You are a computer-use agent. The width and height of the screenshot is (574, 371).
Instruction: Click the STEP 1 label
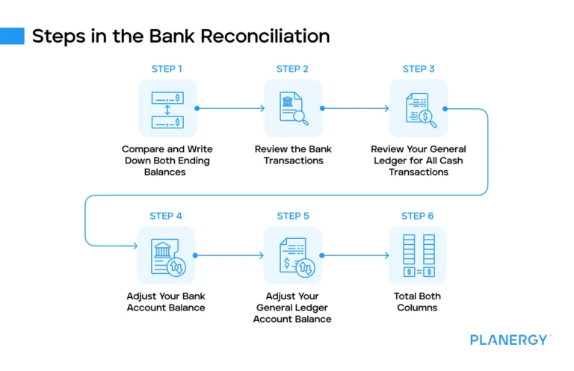click(167, 69)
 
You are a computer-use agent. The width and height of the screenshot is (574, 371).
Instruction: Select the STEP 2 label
click(292, 69)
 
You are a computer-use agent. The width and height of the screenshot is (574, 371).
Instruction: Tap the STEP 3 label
click(418, 69)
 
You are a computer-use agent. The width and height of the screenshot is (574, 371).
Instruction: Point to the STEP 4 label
click(166, 216)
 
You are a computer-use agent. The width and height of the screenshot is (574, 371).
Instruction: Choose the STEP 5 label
click(292, 216)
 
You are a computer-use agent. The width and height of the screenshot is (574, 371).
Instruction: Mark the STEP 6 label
click(417, 216)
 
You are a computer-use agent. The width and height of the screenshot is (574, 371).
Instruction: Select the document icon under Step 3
click(417, 108)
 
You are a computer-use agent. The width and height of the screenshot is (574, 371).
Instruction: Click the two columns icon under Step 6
click(418, 255)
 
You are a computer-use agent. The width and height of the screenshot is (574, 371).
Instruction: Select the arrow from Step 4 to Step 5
click(230, 255)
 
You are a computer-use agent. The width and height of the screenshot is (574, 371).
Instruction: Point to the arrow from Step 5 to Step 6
click(356, 255)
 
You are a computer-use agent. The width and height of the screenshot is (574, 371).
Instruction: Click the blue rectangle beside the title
click(12, 36)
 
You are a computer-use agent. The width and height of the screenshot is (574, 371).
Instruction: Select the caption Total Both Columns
click(418, 302)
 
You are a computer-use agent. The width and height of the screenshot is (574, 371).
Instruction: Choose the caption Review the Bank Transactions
click(293, 155)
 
